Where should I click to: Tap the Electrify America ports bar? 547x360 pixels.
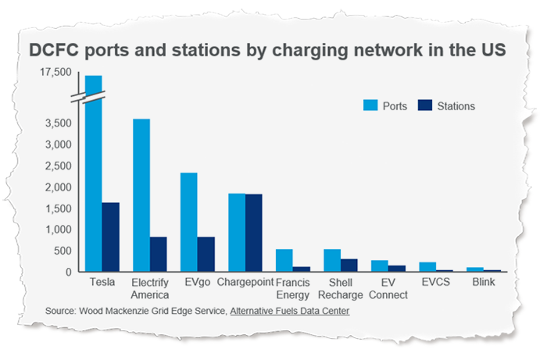[x=141, y=195]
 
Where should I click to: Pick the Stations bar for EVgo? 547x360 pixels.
[x=206, y=255]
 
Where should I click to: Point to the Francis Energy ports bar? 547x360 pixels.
[x=284, y=261]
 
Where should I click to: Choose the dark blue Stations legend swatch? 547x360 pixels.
[x=426, y=105]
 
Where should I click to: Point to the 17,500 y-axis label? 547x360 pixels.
[x=55, y=73]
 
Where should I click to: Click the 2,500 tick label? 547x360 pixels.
[x=59, y=166]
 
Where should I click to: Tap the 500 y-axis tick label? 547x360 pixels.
[x=64, y=251]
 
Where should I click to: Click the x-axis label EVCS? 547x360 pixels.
[x=434, y=283]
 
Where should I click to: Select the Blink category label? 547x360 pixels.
[x=481, y=283]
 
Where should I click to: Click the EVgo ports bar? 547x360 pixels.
[x=189, y=223]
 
